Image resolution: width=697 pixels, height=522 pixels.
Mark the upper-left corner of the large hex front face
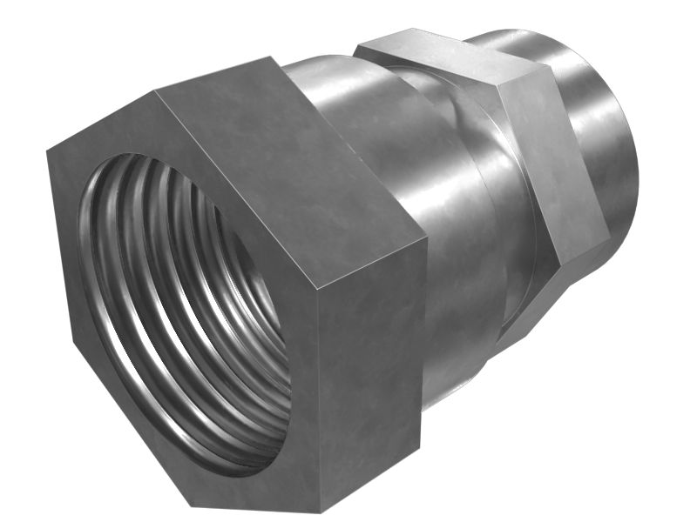[x=47, y=150]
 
